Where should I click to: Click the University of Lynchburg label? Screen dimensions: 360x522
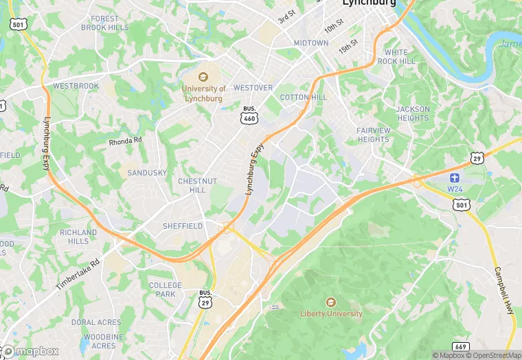(x=204, y=93)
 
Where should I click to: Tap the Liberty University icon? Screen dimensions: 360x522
(x=331, y=302)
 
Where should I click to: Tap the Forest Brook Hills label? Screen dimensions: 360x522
(x=104, y=23)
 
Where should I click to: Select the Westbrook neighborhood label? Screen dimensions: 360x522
(x=76, y=87)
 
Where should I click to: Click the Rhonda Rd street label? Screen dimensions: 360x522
(x=124, y=142)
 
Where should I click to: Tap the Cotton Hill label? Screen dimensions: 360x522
(x=303, y=97)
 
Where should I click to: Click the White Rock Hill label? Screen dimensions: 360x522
(x=400, y=56)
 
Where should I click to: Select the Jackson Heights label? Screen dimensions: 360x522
(x=412, y=113)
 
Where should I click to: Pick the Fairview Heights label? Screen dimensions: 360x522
(x=372, y=135)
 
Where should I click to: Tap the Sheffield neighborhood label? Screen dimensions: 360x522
(x=182, y=226)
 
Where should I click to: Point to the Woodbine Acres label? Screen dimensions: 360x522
(x=99, y=341)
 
